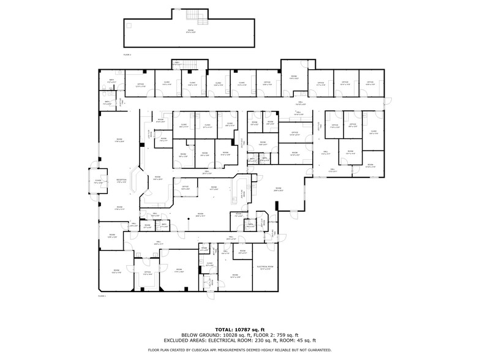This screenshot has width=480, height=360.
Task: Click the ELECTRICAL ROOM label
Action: [265, 267]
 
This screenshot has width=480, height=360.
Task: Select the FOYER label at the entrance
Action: [98, 181]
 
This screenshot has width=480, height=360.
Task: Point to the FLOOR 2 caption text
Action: [127, 54]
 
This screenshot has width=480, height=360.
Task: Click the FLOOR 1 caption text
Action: [102, 296]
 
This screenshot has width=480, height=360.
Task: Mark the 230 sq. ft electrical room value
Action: [262, 340]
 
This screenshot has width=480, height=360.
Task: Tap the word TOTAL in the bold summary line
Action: [226, 329]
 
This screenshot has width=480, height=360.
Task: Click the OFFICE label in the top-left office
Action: [140, 84]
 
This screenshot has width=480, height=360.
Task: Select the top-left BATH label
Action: [112, 80]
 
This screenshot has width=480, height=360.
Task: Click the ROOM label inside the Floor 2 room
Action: [190, 31]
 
